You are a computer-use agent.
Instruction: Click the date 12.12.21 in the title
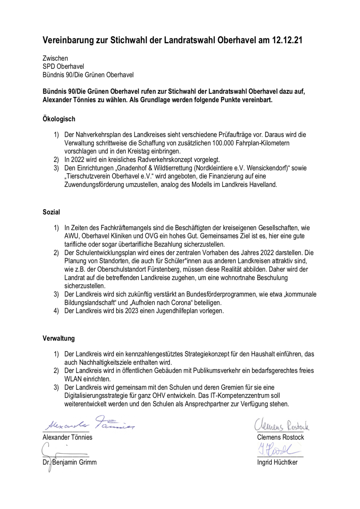tap(287, 40)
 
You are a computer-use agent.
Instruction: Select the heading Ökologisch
tap(59, 119)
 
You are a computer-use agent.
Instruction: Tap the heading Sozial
tap(51, 212)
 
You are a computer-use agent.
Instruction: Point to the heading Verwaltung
tap(58, 338)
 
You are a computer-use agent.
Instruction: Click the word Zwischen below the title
tap(55, 58)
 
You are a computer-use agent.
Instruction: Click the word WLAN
tap(73, 379)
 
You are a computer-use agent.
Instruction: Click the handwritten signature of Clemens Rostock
tap(282, 425)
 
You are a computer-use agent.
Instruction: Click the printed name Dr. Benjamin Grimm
tap(69, 462)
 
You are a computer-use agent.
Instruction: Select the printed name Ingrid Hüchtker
tap(277, 462)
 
